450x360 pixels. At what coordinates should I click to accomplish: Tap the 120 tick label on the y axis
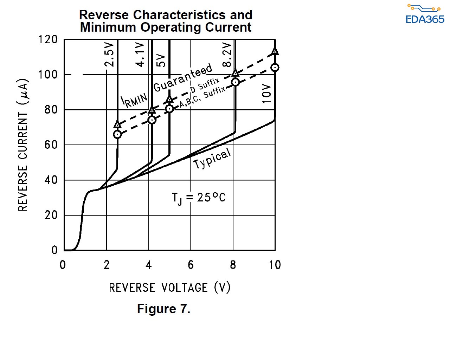pyautogui.click(x=48, y=39)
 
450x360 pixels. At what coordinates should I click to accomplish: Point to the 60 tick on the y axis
pyautogui.click(x=51, y=145)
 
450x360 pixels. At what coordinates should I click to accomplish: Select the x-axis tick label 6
pyautogui.click(x=191, y=265)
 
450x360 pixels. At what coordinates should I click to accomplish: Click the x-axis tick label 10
pyautogui.click(x=275, y=265)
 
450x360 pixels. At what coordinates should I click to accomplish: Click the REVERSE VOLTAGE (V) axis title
pyautogui.click(x=169, y=288)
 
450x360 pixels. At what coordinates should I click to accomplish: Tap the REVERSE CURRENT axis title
pyautogui.click(x=23, y=145)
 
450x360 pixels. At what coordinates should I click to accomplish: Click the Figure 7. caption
pyautogui.click(x=163, y=309)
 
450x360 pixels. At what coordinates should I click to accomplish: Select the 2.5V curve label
pyautogui.click(x=109, y=55)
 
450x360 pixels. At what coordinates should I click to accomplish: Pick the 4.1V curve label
pyautogui.click(x=140, y=55)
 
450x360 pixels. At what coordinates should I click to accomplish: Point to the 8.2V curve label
pyautogui.click(x=227, y=55)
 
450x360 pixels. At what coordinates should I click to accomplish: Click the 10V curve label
pyautogui.click(x=267, y=94)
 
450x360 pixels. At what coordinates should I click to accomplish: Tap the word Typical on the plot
pyautogui.click(x=212, y=159)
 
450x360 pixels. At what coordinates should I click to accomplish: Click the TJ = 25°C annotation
pyautogui.click(x=199, y=198)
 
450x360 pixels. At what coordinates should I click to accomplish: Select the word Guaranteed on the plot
pyautogui.click(x=183, y=78)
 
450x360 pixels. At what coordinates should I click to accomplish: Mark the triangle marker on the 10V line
pyautogui.click(x=275, y=51)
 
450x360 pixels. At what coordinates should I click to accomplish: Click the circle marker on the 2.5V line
pyautogui.click(x=117, y=134)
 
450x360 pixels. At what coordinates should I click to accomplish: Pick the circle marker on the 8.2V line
pyautogui.click(x=235, y=82)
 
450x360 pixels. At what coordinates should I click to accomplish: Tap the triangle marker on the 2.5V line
pyautogui.click(x=117, y=124)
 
